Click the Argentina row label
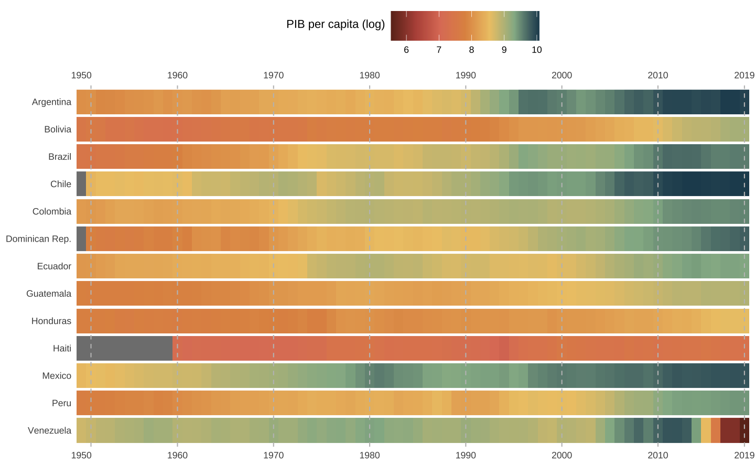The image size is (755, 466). pyautogui.click(x=51, y=102)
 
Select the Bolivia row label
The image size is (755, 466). pyautogui.click(x=58, y=129)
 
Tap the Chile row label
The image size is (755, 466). pyautogui.click(x=61, y=184)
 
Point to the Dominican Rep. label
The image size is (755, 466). pyautogui.click(x=38, y=239)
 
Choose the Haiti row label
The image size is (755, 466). pyautogui.click(x=62, y=349)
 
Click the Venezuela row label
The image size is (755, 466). pyautogui.click(x=49, y=431)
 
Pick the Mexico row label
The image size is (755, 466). pyautogui.click(x=57, y=376)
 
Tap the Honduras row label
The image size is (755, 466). pyautogui.click(x=51, y=321)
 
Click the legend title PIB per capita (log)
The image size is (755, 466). pyautogui.click(x=336, y=25)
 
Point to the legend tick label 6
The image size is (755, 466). pyautogui.click(x=406, y=50)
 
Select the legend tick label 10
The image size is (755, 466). pyautogui.click(x=536, y=50)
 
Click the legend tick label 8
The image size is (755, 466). pyautogui.click(x=471, y=50)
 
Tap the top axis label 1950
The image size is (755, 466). pyautogui.click(x=81, y=75)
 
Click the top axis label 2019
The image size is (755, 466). pyautogui.click(x=744, y=75)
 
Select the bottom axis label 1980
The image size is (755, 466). pyautogui.click(x=370, y=455)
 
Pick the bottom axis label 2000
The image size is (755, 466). pyautogui.click(x=562, y=455)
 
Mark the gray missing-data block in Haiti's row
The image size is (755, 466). pyautogui.click(x=124, y=349)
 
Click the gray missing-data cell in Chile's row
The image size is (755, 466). pyautogui.click(x=81, y=184)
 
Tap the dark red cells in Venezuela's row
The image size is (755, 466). pyautogui.click(x=732, y=430)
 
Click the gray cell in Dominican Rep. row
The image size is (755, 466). pyautogui.click(x=81, y=239)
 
